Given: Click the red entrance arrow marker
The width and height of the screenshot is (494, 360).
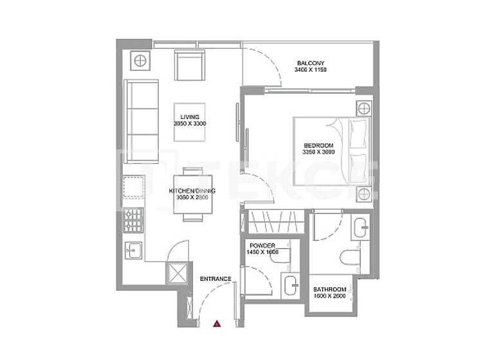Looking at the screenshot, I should (217, 324).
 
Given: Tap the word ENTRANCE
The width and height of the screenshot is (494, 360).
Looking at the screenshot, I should (215, 278).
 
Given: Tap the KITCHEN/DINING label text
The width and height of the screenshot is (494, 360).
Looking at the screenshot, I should (192, 191).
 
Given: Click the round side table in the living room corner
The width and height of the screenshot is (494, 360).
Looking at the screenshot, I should (140, 61).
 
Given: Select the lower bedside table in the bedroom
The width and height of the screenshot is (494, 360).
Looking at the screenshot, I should (364, 194).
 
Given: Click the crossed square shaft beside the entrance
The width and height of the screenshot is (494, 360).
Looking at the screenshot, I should (176, 273).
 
